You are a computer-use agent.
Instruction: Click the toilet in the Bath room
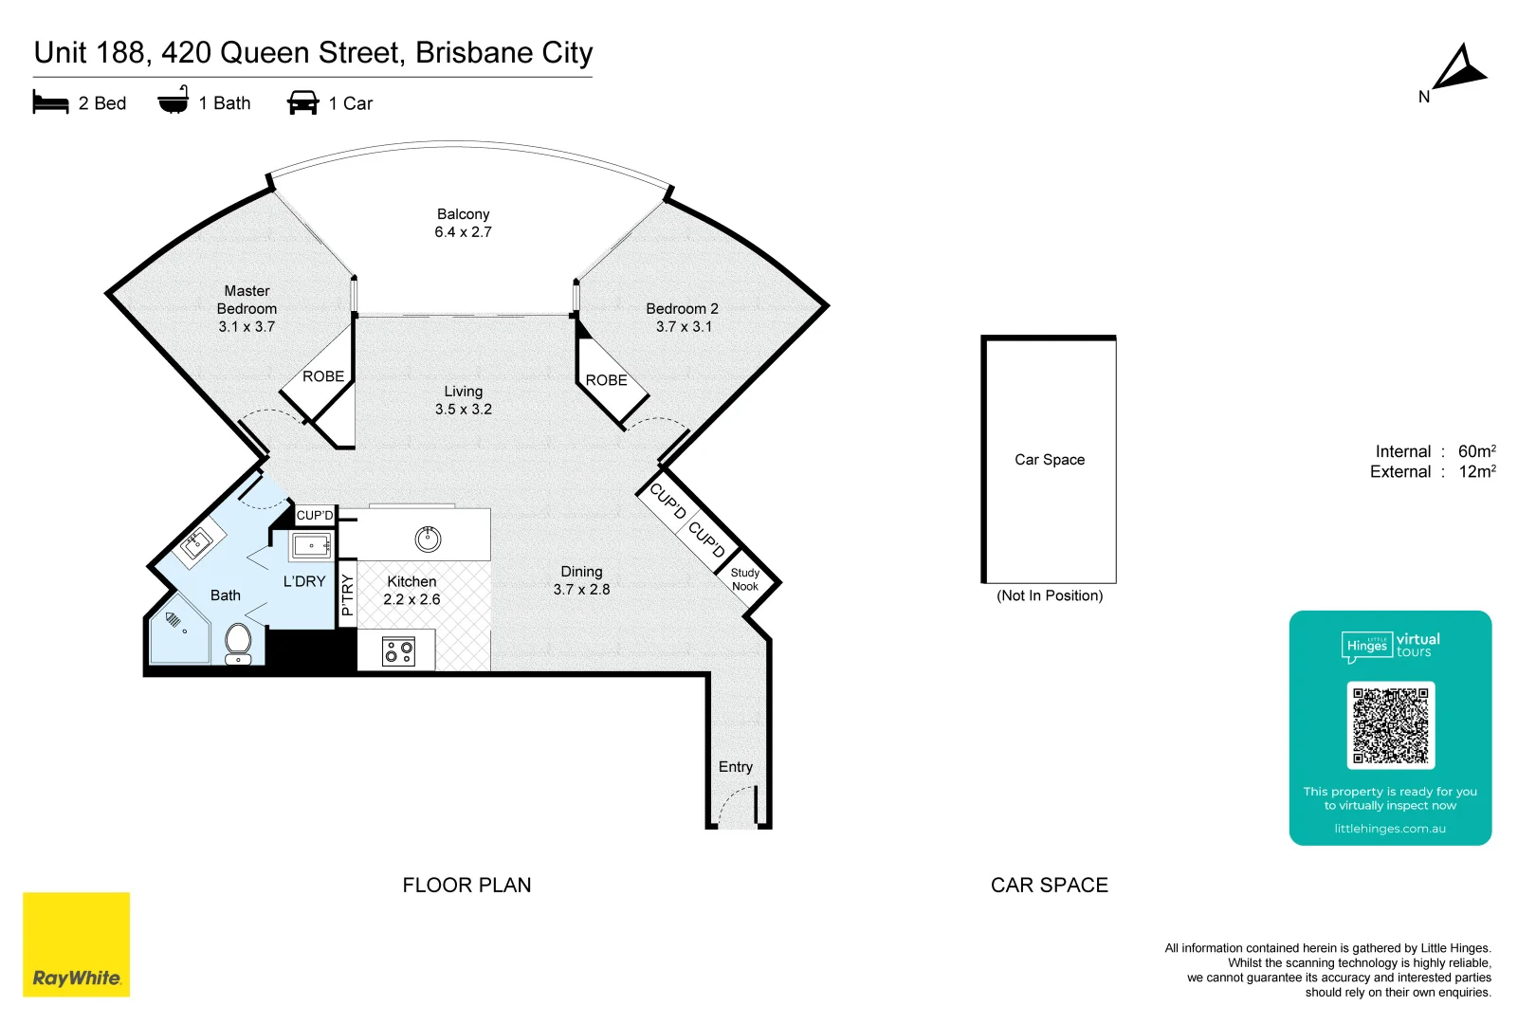tap(238, 643)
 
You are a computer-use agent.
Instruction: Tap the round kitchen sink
tap(428, 539)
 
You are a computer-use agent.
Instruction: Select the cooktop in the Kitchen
tap(398, 651)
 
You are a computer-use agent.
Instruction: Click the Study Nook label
tap(745, 579)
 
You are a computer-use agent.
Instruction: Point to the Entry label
tap(735, 767)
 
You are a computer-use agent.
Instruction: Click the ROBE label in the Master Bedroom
tap(323, 376)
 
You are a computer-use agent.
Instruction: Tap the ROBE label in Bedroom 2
tap(606, 380)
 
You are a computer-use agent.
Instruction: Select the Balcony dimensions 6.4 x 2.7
tap(463, 232)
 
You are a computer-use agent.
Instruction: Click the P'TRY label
tap(347, 594)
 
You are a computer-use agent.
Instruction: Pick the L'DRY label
tap(304, 581)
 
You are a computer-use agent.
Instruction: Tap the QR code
tap(1390, 725)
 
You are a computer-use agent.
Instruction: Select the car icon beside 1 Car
tap(302, 102)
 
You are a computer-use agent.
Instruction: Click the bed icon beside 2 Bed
tap(50, 102)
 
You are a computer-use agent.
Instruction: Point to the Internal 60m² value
tap(1476, 451)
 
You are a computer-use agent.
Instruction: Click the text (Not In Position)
tap(1049, 595)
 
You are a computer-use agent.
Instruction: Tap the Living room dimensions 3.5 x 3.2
tap(463, 410)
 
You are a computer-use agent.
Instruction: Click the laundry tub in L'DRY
tap(311, 546)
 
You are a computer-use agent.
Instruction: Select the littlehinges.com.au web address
tap(1389, 829)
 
